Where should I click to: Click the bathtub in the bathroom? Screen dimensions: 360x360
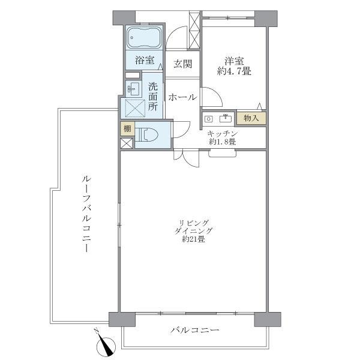[x=143, y=39]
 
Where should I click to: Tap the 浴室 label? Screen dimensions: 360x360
[x=144, y=60]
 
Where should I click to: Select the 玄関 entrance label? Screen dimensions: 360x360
[x=182, y=64]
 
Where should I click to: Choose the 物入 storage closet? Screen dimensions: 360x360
[x=251, y=118]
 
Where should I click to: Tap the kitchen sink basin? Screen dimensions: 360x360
[x=226, y=118]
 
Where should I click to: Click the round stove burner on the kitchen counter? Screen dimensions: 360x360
[x=208, y=118]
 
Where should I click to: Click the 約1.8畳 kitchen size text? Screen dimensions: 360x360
[x=222, y=142]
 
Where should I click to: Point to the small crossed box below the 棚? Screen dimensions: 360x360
[x=127, y=143]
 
